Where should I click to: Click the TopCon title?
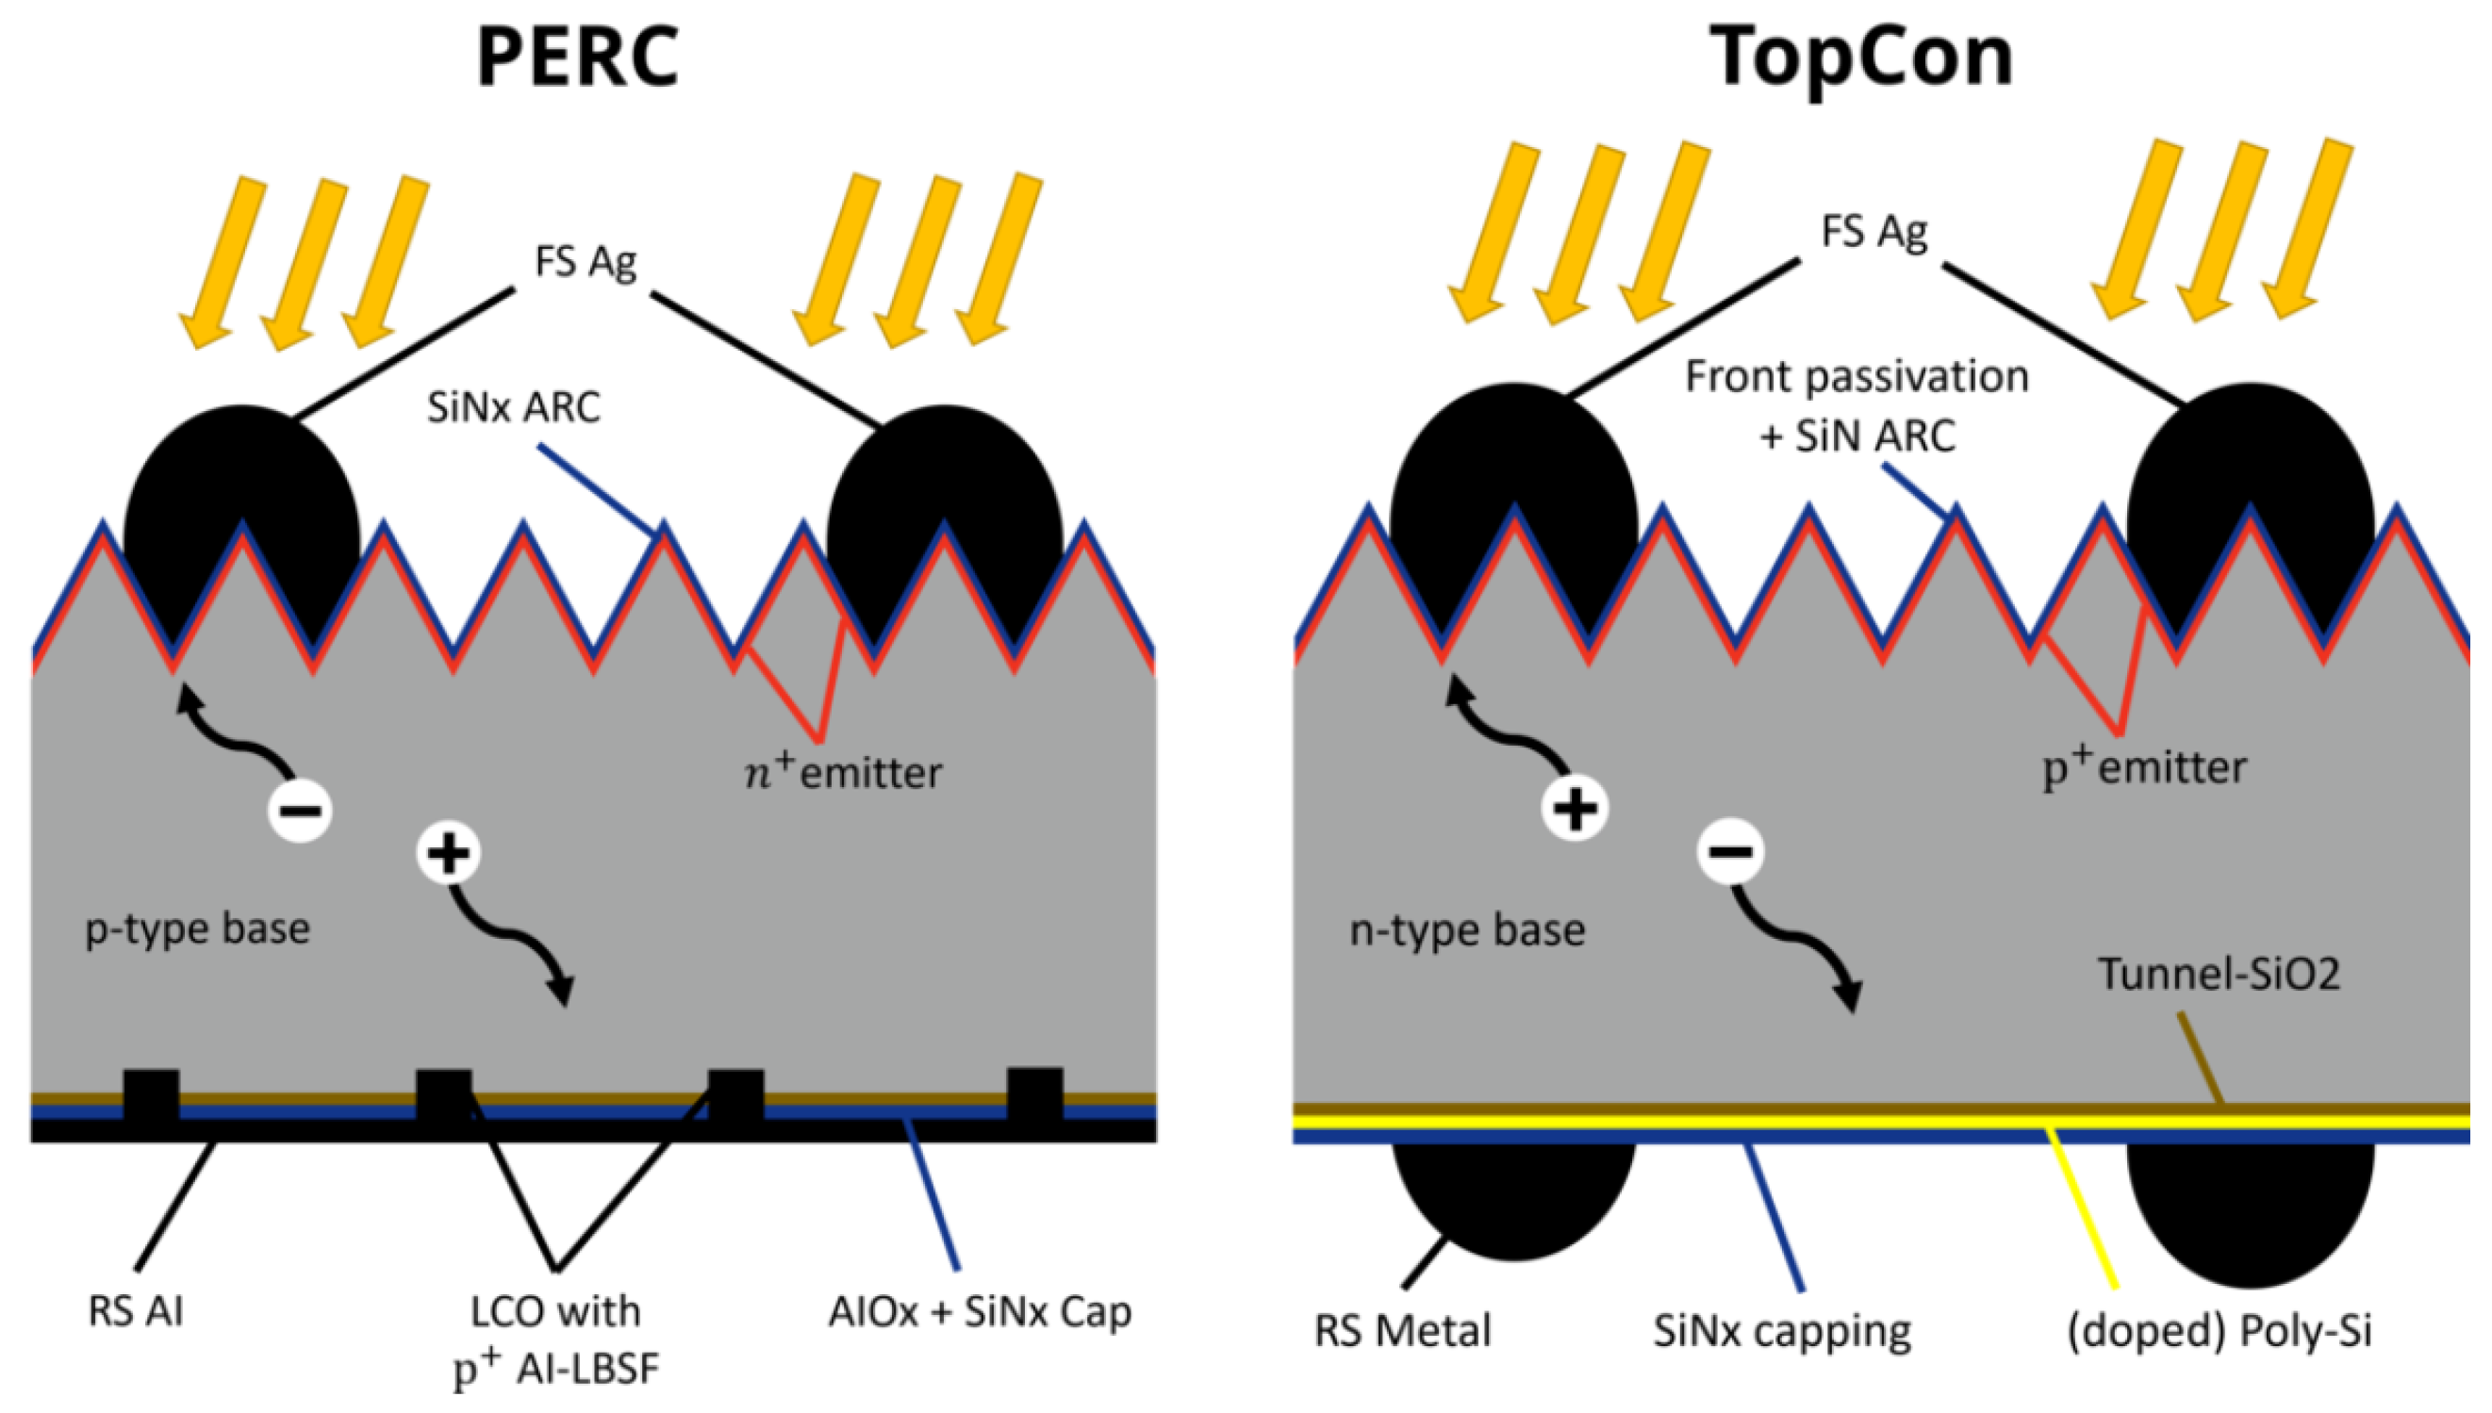point(1860,58)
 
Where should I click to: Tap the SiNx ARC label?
point(513,407)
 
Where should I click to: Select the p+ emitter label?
point(2144,768)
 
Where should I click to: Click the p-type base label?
point(198,928)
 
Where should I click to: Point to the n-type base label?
point(1467,930)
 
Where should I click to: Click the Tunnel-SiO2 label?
point(2220,974)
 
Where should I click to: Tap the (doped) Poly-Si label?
point(2220,1329)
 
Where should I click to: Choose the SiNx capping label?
point(1782,1329)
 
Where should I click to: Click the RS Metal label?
point(1402,1329)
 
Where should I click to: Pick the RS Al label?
point(136,1311)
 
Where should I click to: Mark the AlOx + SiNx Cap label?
point(980,1311)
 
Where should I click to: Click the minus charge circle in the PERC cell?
point(301,811)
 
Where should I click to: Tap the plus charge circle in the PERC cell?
point(448,854)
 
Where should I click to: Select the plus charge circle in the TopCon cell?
point(1574,809)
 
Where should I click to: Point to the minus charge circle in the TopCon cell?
point(1729,852)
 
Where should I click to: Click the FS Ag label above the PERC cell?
point(586,261)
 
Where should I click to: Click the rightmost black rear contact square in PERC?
point(1034,1096)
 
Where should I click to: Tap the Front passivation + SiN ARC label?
point(1857,405)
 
